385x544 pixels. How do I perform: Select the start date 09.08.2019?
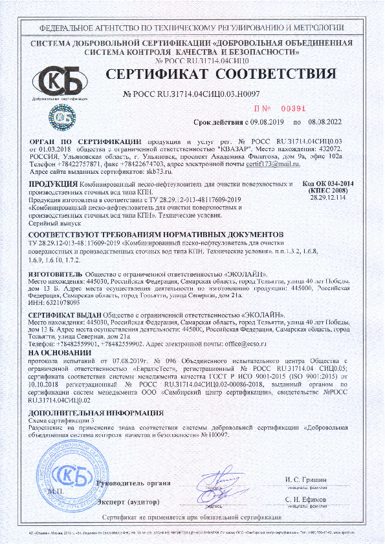(270, 121)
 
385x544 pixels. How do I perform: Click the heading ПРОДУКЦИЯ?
(52, 185)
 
